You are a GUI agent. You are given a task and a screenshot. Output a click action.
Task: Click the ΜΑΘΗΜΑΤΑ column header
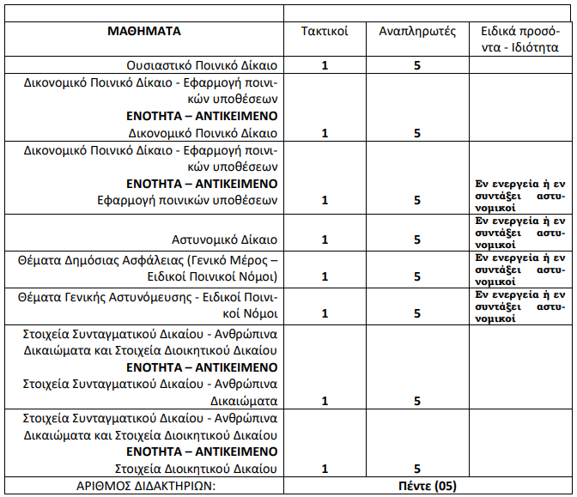[143, 31]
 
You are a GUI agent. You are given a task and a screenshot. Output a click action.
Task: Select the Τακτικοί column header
[324, 32]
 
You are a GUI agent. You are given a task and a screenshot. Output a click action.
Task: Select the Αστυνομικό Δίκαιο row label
[225, 239]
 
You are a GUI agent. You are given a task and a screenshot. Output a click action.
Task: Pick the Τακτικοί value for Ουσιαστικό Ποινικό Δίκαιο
[324, 65]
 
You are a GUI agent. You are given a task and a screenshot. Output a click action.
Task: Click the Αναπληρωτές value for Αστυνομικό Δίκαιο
[416, 239]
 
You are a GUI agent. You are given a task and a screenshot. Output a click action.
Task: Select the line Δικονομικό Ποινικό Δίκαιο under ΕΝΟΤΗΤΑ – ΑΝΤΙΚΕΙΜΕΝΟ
[203, 133]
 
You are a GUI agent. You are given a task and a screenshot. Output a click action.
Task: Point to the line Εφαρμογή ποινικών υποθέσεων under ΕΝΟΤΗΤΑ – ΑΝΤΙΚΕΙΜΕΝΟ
[187, 200]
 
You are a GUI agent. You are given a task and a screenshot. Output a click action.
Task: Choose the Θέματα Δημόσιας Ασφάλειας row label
[149, 267]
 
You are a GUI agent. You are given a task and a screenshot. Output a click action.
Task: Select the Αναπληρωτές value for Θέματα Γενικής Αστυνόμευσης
[416, 313]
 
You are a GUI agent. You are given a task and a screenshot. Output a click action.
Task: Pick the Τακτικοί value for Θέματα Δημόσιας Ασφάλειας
[324, 276]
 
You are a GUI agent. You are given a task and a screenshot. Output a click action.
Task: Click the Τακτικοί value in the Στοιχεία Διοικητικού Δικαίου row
[324, 469]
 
